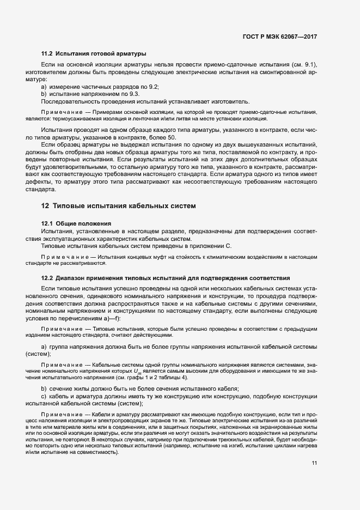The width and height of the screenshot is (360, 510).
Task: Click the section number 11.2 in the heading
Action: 47,54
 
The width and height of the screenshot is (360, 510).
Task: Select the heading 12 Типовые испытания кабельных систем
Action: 114,206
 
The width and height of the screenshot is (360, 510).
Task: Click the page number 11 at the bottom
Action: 314,463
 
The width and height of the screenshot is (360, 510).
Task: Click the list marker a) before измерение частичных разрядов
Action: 44,87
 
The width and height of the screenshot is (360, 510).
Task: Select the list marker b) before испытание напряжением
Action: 44,94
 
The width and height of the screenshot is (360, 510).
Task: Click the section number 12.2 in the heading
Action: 47,278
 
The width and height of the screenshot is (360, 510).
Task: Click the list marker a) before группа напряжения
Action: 44,347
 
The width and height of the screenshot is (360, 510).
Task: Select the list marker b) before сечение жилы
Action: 44,388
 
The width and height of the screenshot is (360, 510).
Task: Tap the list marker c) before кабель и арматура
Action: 44,396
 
